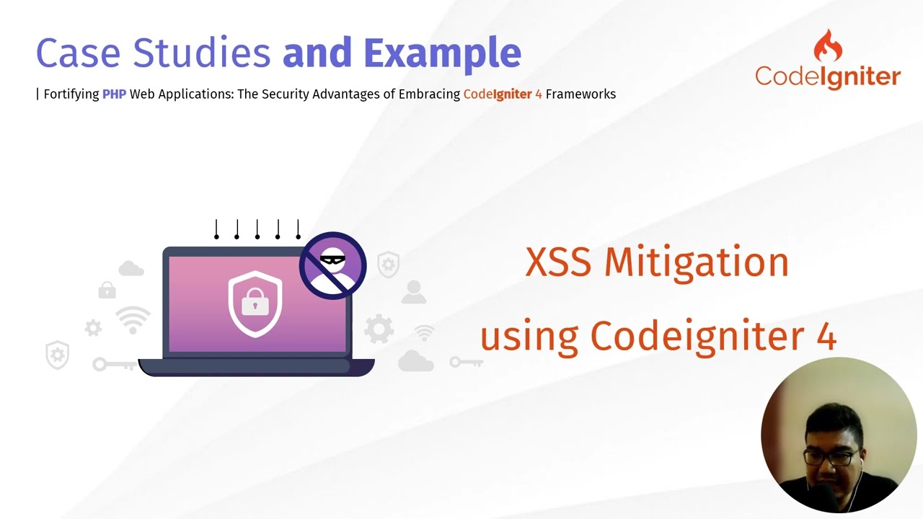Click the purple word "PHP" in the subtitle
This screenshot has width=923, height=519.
[114, 94]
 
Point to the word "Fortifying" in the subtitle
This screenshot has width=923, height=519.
[71, 94]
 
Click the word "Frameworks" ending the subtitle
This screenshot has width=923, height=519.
[580, 94]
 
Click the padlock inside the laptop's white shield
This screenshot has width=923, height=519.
[255, 303]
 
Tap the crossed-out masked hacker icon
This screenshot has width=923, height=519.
[332, 265]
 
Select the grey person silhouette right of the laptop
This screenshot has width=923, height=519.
[413, 292]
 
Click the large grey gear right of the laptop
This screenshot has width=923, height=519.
[379, 329]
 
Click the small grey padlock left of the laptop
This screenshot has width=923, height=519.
[107, 290]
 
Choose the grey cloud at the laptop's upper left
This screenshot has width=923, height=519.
[131, 269]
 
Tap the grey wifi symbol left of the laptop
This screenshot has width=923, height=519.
[133, 320]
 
